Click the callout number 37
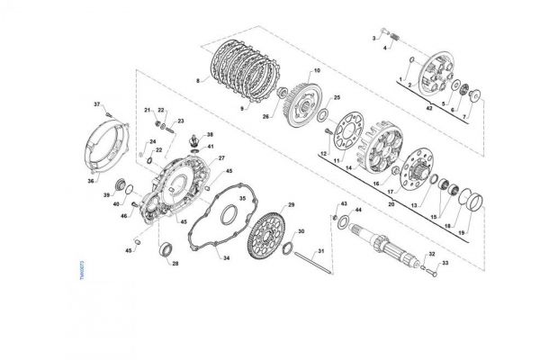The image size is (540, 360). point(98,105)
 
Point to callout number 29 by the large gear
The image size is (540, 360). point(292,205)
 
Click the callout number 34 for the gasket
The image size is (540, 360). point(227,258)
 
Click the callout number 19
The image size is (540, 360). point(463,232)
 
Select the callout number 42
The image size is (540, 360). point(429,108)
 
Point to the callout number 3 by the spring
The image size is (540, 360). point(374,37)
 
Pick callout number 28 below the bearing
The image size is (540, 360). point(175,264)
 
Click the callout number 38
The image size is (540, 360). point(209,134)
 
